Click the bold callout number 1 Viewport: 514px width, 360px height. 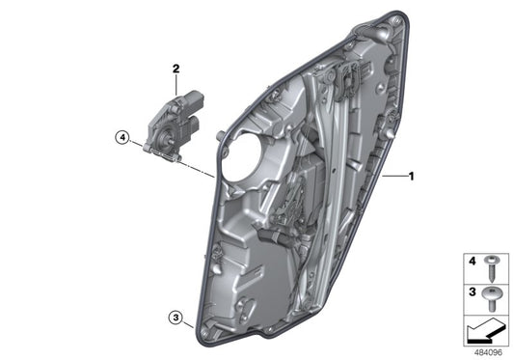point(411,177)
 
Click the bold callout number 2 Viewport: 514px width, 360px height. point(176,69)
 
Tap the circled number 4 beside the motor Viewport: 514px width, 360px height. point(122,137)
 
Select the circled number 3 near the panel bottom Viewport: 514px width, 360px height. point(175,316)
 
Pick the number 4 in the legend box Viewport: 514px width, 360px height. point(473,261)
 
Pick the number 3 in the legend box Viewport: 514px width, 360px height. point(473,290)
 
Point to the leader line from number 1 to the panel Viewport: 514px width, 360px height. point(394,178)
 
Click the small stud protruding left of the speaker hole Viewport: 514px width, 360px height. point(220,132)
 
